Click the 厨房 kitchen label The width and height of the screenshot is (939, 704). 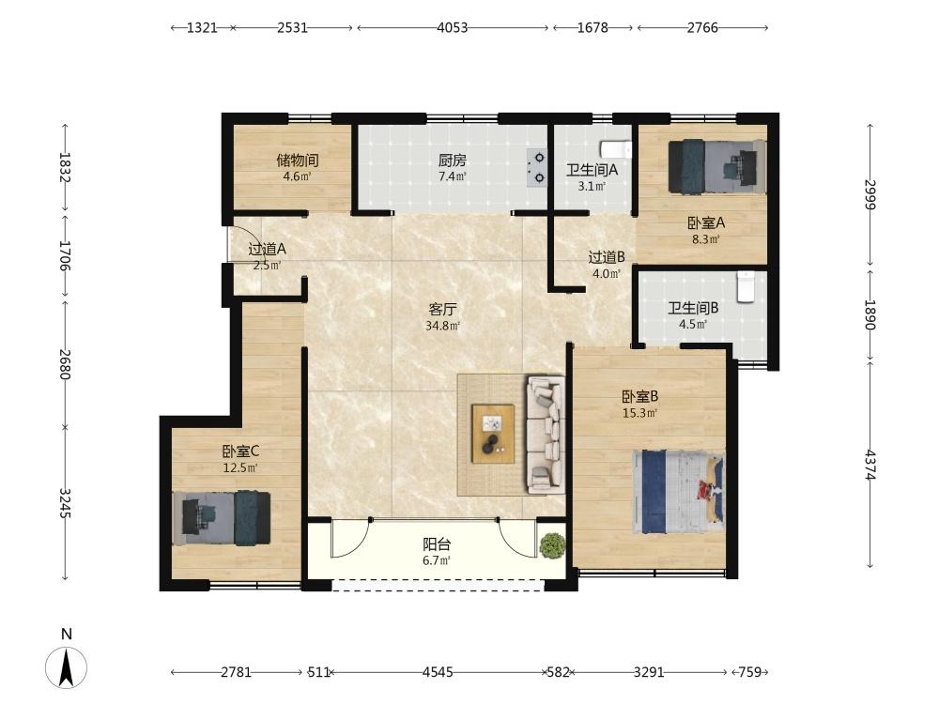pos(453,161)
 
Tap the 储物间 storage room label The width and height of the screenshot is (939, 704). pos(298,161)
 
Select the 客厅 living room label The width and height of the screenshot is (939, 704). pos(443,310)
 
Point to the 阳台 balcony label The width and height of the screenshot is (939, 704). pos(437,544)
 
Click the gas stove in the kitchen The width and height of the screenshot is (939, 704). pos(536,168)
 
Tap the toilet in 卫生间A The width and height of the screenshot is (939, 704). pos(616,147)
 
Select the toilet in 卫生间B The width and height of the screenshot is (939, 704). pos(745,286)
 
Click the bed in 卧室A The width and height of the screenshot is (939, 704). pos(717,166)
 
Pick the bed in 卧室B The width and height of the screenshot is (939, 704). pos(679,492)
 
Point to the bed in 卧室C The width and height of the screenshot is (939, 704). pos(222,518)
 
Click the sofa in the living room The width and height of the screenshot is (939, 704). pos(546,435)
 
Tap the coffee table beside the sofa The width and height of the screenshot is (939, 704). pos(493,434)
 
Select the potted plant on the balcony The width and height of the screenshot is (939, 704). pos(551,545)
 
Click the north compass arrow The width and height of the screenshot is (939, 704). pos(66,666)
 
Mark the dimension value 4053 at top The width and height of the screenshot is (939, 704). pos(453,27)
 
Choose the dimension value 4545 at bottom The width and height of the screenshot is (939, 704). pos(438,672)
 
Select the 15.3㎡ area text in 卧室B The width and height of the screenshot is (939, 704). pos(640,413)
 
